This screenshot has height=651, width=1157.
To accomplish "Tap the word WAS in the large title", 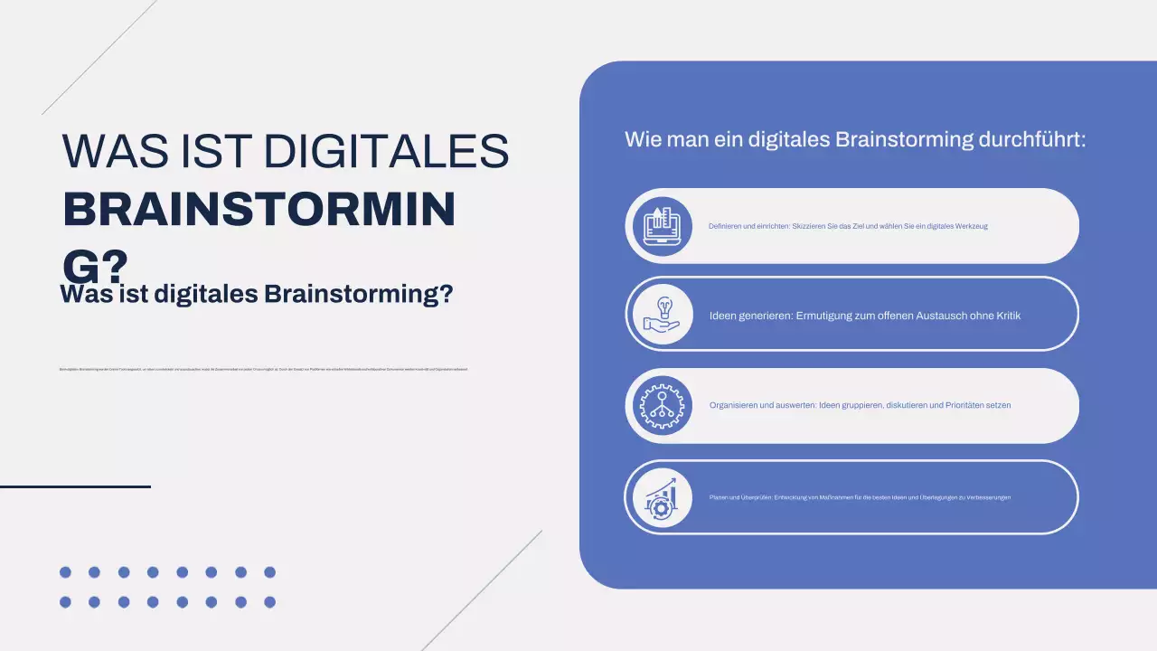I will tap(111, 152).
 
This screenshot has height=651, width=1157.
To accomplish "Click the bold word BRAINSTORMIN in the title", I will tap(259, 210).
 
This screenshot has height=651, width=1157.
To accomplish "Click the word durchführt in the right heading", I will tap(1031, 140).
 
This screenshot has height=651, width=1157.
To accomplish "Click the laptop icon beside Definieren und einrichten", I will tap(659, 226).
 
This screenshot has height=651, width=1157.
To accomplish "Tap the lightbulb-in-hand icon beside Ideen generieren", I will tap(659, 315).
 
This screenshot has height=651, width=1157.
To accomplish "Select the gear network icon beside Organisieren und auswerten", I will tap(659, 405).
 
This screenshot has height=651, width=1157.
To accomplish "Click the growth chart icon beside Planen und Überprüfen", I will tap(659, 497).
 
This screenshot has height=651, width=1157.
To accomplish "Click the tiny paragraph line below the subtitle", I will tap(263, 370).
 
